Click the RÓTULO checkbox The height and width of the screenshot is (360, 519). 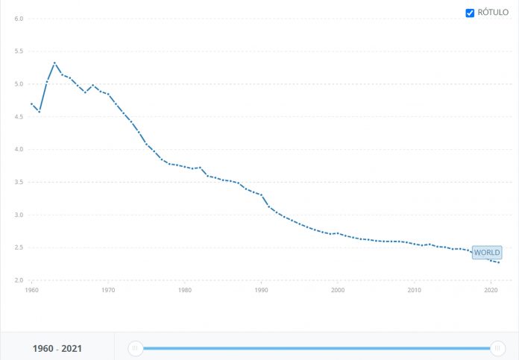[470, 13]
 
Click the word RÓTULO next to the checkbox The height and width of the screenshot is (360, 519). [493, 13]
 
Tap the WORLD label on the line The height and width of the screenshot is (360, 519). [487, 253]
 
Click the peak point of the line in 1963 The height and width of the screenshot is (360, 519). [54, 63]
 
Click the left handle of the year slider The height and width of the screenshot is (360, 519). [135, 348]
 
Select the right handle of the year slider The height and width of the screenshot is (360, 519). [497, 348]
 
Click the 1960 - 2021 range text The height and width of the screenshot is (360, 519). [57, 348]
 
